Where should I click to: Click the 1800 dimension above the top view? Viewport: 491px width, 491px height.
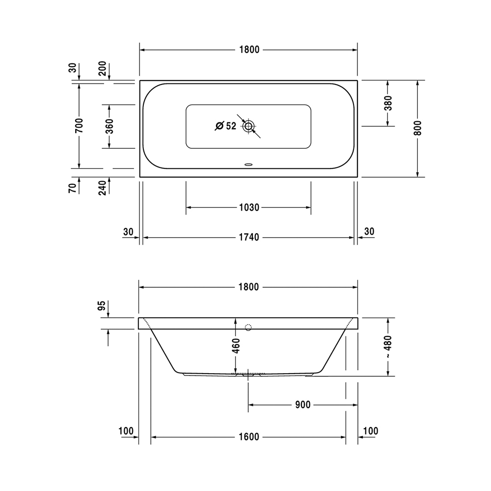(x=249, y=50)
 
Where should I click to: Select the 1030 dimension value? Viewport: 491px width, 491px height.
(x=249, y=208)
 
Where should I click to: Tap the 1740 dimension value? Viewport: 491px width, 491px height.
(x=249, y=237)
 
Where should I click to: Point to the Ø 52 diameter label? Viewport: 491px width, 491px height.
(x=226, y=126)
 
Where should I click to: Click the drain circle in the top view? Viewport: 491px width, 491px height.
(x=249, y=126)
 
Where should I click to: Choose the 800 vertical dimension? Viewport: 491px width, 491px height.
(x=418, y=128)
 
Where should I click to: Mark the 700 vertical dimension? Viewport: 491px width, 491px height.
(x=79, y=126)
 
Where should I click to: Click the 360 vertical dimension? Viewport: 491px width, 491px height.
(x=109, y=126)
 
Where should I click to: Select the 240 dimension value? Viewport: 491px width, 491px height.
(x=103, y=187)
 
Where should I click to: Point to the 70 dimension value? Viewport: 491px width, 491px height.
(x=72, y=187)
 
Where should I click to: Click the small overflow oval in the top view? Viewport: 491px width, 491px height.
(x=249, y=165)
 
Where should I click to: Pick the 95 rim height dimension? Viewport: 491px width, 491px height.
(x=102, y=306)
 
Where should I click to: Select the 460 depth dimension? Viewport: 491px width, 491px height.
(x=236, y=346)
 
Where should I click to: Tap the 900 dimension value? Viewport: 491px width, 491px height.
(x=303, y=405)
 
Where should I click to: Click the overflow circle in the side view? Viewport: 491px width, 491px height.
(x=248, y=327)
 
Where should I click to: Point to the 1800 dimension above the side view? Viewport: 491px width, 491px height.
(x=249, y=287)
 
